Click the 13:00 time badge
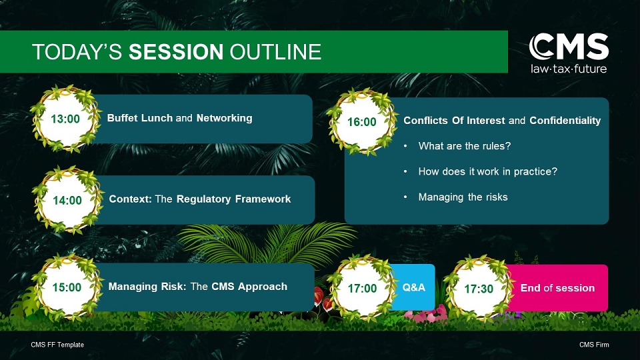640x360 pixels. click(x=65, y=119)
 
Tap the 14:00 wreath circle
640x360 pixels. click(x=67, y=200)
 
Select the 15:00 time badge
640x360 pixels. click(x=67, y=287)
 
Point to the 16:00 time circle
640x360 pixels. click(x=361, y=121)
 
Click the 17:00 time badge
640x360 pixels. click(x=362, y=289)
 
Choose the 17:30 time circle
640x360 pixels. click(x=479, y=289)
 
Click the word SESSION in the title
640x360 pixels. click(x=176, y=52)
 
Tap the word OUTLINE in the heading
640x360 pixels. click(x=275, y=52)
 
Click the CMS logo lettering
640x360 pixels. click(x=569, y=47)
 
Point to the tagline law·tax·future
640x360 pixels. click(x=569, y=69)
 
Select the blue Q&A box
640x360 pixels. click(x=413, y=287)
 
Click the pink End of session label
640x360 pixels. click(x=557, y=288)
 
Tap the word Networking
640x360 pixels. click(x=225, y=118)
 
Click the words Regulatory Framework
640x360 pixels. click(x=233, y=199)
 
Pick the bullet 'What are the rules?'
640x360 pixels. click(x=465, y=146)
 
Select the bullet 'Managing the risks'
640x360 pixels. click(x=463, y=197)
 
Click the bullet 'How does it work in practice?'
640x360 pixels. click(x=488, y=171)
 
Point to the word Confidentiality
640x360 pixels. click(x=565, y=121)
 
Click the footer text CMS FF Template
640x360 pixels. click(x=57, y=345)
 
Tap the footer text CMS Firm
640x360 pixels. click(x=594, y=345)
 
